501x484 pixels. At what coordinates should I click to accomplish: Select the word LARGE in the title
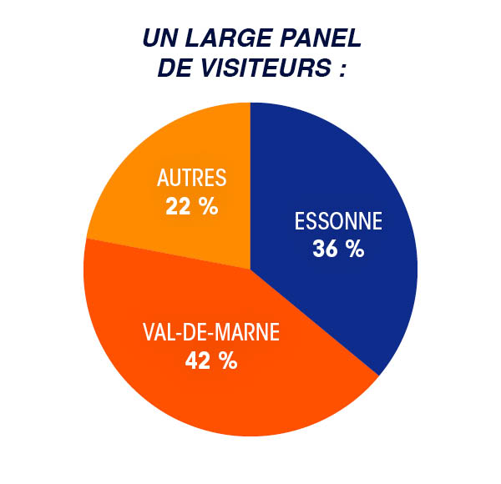coord(220,39)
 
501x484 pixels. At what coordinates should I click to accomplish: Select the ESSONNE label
coord(338,222)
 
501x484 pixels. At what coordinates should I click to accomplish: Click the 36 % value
coord(338,248)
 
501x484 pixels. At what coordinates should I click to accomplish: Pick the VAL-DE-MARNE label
coord(210,335)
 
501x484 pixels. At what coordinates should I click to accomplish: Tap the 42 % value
coord(211,361)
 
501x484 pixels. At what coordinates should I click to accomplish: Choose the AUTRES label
coord(191,179)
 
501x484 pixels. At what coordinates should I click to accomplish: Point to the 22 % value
coord(191,205)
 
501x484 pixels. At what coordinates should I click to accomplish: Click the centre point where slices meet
coord(250,269)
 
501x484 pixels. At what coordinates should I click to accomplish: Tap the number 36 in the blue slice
coord(326,248)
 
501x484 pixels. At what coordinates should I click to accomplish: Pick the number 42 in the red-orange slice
coord(200,361)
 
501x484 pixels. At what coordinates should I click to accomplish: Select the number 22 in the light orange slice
coord(180,205)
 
